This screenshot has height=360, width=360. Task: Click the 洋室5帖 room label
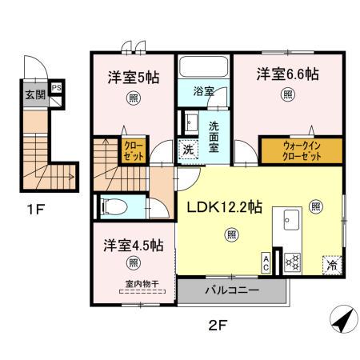pyautogui.click(x=134, y=78)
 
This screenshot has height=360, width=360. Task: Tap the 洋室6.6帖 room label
pyautogui.click(x=287, y=74)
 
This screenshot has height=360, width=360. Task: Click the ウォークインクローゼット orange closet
pyautogui.click(x=301, y=150)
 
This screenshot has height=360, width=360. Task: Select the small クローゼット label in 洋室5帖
pyautogui.click(x=130, y=150)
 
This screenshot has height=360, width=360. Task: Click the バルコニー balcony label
pyautogui.click(x=230, y=290)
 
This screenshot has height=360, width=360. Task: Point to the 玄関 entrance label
pyautogui.click(x=34, y=95)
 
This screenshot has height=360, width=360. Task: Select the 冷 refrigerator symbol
pyautogui.click(x=330, y=262)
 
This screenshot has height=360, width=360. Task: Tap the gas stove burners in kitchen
pyautogui.click(x=292, y=260)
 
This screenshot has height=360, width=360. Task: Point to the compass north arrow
pyautogui.click(x=342, y=322)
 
